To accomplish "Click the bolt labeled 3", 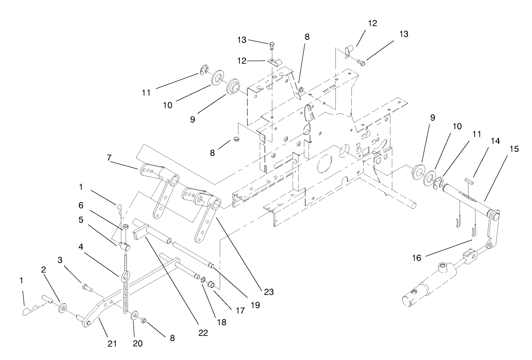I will (x=86, y=287).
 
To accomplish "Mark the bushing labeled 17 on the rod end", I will (x=212, y=284).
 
